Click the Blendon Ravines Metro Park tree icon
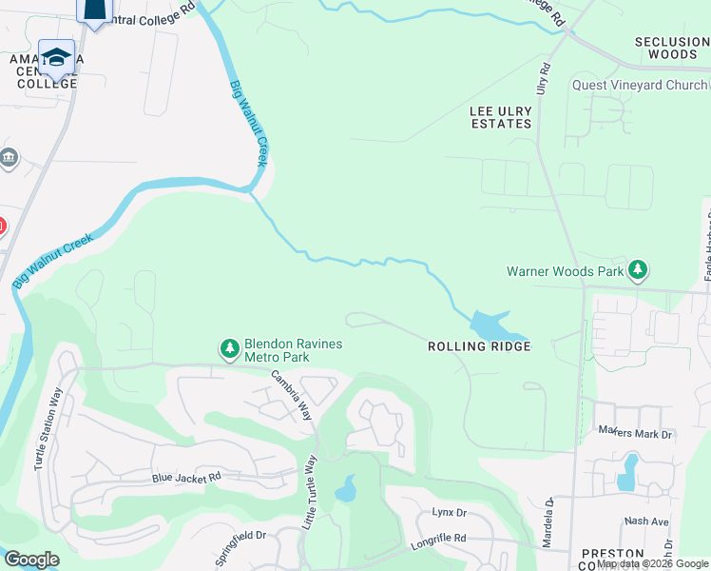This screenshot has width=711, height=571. click(229, 349)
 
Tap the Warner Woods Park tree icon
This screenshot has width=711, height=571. click(639, 271)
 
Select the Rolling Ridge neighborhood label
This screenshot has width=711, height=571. click(477, 346)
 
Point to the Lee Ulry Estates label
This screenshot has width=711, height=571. click(501, 117)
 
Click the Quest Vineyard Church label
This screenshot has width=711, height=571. click(640, 85)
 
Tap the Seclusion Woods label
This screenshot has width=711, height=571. click(672, 48)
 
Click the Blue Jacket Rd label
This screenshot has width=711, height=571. click(186, 477)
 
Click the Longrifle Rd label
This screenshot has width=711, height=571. click(439, 539)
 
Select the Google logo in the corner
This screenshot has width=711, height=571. click(31, 560)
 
